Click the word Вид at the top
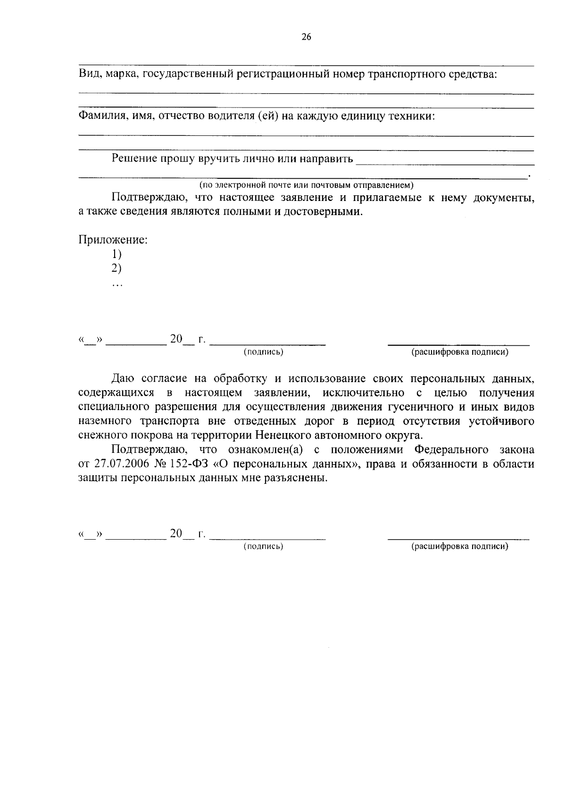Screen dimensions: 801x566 [88, 74]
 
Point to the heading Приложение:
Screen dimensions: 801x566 [113, 240]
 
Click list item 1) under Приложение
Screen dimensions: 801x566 [117, 255]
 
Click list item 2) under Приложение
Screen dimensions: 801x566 [117, 269]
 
